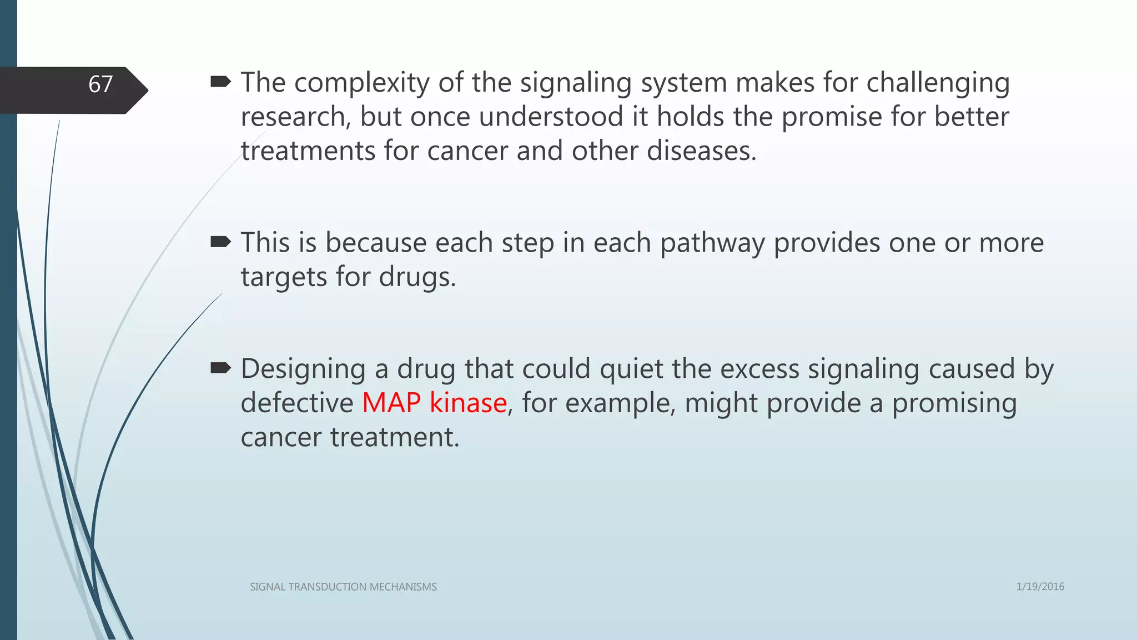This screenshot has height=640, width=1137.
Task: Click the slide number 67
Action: pyautogui.click(x=100, y=84)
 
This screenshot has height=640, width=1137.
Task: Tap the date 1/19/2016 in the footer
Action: pyautogui.click(x=1040, y=587)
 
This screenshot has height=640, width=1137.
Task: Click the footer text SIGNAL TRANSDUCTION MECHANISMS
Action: pyautogui.click(x=343, y=587)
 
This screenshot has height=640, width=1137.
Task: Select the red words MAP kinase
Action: pyautogui.click(x=434, y=403)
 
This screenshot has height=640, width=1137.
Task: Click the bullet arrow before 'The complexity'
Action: pyautogui.click(x=221, y=83)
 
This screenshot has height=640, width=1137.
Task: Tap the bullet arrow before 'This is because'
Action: pyautogui.click(x=221, y=242)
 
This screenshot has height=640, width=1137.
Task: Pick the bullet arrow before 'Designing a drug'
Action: pyautogui.click(x=221, y=368)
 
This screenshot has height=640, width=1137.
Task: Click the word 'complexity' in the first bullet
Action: pyautogui.click(x=362, y=83)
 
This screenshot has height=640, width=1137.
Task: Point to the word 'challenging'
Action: pyautogui.click(x=938, y=83)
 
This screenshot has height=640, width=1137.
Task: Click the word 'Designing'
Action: pyautogui.click(x=303, y=369)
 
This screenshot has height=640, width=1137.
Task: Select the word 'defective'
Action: pyautogui.click(x=297, y=403)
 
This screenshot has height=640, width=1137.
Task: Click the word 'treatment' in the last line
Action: pyautogui.click(x=394, y=437)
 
